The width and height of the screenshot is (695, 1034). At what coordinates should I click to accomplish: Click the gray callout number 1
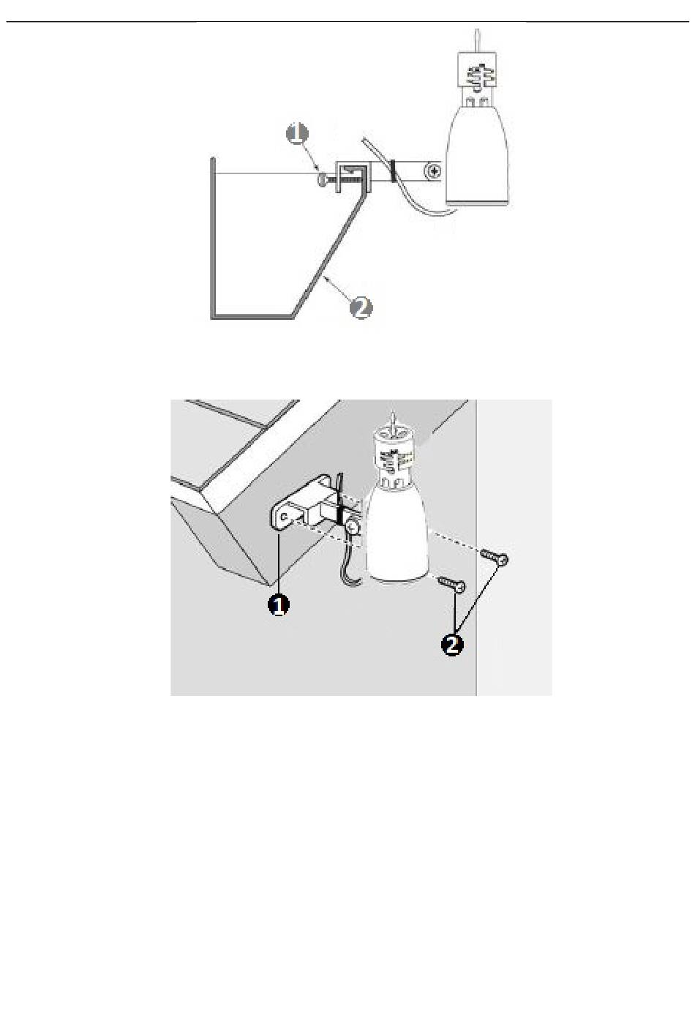297,135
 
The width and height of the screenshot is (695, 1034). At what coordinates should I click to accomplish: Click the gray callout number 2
360,308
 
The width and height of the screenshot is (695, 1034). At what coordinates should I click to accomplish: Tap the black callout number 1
278,605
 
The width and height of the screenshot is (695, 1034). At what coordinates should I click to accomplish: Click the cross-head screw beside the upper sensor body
435,172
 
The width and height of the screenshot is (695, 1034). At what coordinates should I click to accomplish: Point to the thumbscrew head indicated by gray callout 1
322,177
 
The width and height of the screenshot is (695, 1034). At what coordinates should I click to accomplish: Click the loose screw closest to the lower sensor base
452,583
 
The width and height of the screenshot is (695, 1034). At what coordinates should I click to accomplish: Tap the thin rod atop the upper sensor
477,40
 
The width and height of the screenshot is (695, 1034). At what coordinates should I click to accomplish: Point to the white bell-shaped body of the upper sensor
476,154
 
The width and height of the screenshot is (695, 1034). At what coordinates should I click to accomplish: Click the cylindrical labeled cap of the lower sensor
394,452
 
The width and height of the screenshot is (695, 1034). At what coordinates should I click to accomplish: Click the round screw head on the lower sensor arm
354,525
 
